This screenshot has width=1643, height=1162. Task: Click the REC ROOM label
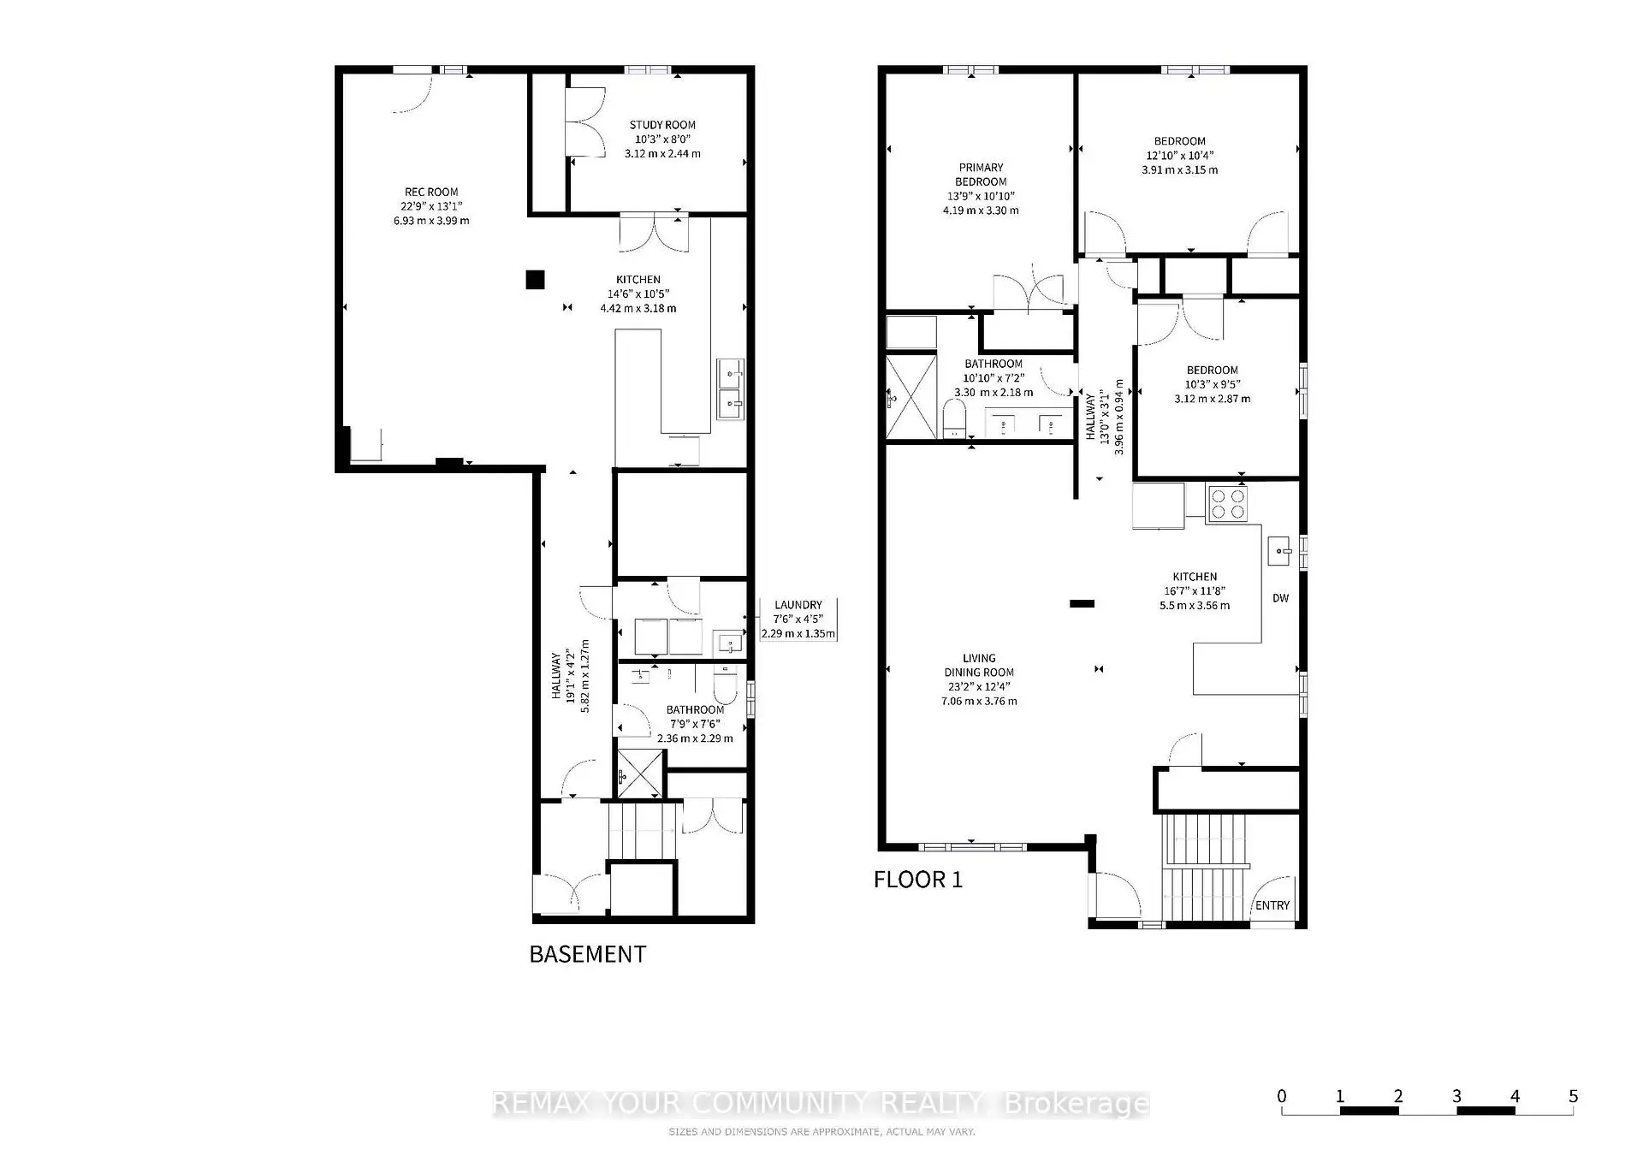(431, 193)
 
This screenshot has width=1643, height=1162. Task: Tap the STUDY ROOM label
(662, 125)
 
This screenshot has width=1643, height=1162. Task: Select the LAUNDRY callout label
(798, 605)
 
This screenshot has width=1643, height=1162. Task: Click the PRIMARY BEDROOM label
(981, 175)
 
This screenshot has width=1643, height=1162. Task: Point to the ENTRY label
(1272, 905)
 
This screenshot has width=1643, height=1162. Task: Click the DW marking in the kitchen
(1280, 598)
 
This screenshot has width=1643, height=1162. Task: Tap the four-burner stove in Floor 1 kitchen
(1227, 503)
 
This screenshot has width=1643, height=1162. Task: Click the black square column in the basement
(535, 279)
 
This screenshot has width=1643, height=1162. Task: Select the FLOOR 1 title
(917, 880)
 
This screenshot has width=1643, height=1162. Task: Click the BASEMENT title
(587, 954)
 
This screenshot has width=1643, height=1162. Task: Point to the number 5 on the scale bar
(1573, 1096)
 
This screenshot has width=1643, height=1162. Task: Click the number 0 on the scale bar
(1281, 1096)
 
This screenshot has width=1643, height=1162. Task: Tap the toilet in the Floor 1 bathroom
(953, 421)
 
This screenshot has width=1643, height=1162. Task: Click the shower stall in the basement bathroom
(641, 774)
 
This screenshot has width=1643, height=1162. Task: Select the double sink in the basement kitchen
(730, 389)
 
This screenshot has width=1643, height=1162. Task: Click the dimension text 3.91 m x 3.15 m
(1179, 169)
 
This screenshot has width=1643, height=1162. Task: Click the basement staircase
(642, 830)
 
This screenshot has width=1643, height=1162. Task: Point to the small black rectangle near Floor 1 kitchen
(1082, 603)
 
